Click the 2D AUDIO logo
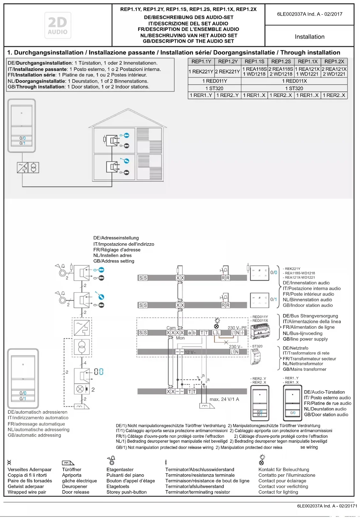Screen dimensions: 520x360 pos(58,26)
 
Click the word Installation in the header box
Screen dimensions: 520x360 pos(309,37)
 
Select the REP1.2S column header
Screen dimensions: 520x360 pos(281,62)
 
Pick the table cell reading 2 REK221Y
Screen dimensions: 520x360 pos(228,71)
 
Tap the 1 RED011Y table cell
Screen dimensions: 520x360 pos(214,81)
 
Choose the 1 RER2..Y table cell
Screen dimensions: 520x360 pos(228,95)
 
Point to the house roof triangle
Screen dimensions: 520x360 pos(128,118)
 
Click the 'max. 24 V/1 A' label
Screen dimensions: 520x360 pos(224,399)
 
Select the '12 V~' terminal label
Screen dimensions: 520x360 pos(190,352)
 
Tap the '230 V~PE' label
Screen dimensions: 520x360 pos(237,327)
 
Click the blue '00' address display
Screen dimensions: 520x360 pos(99,371)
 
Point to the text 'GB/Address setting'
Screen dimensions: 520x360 pos(114,261)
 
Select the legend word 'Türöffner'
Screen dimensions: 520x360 pos(71,469)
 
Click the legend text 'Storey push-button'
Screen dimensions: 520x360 pos(126,492)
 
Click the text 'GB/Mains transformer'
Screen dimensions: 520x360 pos(304,369)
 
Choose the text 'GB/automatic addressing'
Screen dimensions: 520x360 pos(34,435)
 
